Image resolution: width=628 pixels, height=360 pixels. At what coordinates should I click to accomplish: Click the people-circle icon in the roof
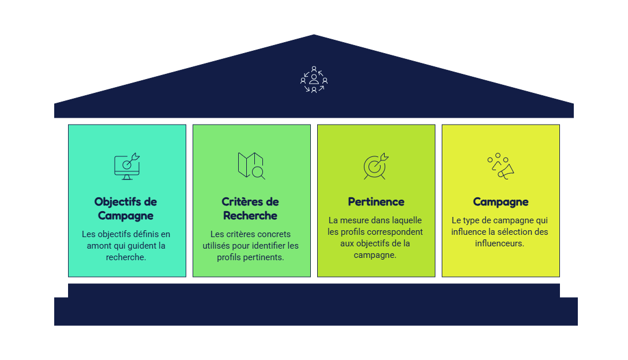click(x=314, y=80)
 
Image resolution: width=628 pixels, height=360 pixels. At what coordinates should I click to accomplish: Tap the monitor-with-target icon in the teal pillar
click(x=127, y=166)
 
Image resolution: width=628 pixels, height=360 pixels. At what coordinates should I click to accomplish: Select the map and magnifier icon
click(x=251, y=166)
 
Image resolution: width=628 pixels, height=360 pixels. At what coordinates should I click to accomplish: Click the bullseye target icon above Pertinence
click(x=375, y=166)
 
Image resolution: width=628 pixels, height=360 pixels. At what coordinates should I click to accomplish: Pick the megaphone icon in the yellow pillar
click(x=501, y=166)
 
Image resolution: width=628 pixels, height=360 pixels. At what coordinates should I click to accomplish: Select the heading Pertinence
click(x=376, y=202)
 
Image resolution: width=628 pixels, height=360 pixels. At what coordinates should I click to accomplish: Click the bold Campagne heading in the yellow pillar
click(x=501, y=202)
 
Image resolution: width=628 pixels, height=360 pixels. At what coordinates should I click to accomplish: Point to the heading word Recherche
click(x=250, y=216)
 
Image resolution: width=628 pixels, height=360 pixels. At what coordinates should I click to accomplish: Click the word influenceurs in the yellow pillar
click(x=499, y=243)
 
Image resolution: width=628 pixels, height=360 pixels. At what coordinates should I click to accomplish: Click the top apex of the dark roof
click(x=314, y=35)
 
